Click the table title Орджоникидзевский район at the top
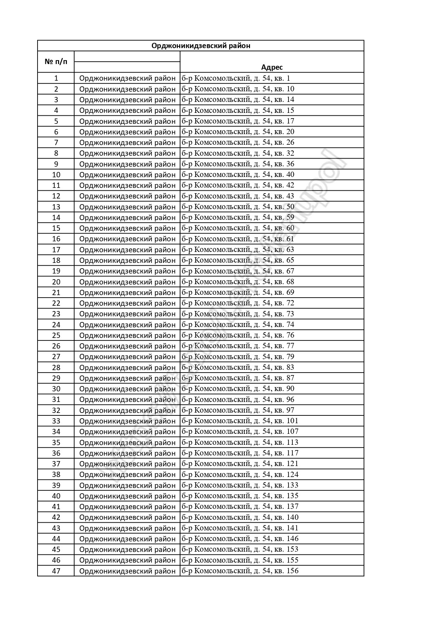(201, 46)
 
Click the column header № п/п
(56, 62)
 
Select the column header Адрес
(272, 67)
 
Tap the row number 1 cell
(56, 78)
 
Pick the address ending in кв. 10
(238, 89)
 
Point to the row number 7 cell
(56, 142)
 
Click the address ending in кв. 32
(238, 153)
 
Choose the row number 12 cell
(56, 196)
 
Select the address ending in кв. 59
(238, 217)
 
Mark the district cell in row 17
(127, 249)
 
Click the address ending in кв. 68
(238, 282)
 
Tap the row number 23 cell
(56, 314)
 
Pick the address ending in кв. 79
(238, 357)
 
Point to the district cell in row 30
(127, 389)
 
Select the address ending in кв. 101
(240, 421)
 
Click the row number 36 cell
(56, 453)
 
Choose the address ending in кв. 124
(240, 475)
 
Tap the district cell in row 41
(127, 507)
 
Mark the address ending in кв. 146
(240, 539)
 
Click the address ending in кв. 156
(240, 571)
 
